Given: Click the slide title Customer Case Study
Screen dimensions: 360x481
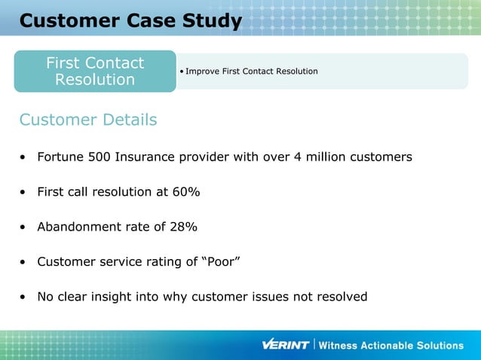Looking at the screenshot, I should coord(130,20).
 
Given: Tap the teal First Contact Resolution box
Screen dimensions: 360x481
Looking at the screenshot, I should coord(95,72).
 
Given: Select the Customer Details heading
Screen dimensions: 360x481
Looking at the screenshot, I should coord(88,120).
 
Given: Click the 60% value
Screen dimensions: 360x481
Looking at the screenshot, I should coord(185,192).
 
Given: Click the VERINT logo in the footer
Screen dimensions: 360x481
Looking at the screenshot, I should coord(285,345).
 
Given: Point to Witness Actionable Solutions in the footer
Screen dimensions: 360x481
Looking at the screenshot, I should coord(391,346).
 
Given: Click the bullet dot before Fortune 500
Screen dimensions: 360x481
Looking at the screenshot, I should coord(24,158).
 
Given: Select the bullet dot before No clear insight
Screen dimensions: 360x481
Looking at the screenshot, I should coord(24,297).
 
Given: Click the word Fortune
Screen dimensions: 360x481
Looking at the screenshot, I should coord(63,157).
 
